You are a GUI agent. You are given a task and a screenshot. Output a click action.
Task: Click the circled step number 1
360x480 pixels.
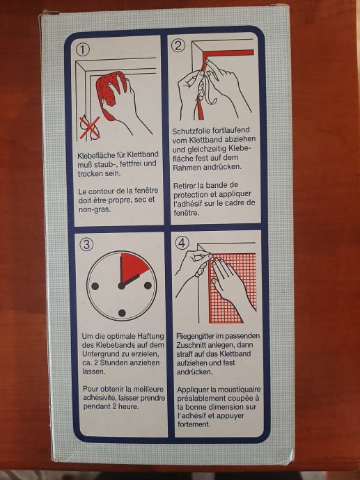tap(82, 50)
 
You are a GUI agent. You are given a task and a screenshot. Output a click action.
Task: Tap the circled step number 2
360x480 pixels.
tap(178, 46)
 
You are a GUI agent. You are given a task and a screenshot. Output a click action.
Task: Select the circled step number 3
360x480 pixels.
tap(87, 244)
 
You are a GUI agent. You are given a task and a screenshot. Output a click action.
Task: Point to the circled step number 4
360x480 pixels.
tap(182, 243)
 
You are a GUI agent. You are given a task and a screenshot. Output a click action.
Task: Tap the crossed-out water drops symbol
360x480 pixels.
tap(90, 127)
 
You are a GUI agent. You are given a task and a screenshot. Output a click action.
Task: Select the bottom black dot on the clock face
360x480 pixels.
tap(122, 313)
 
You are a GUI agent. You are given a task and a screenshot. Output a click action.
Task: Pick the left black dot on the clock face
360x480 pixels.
tap(95, 287)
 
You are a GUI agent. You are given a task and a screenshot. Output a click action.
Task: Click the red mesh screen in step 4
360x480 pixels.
tap(233, 288)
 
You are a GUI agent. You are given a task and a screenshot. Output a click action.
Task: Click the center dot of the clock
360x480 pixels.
tap(121, 286)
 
